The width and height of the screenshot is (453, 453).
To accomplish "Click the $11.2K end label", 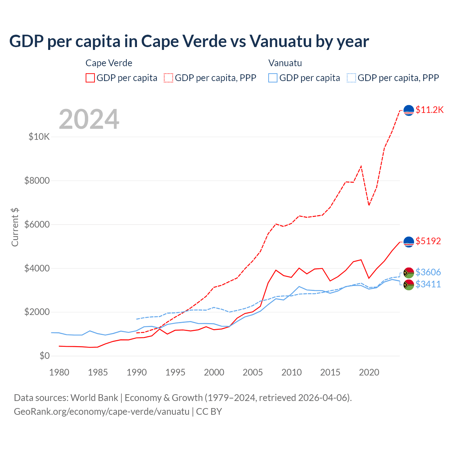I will pyautogui.click(x=429, y=110).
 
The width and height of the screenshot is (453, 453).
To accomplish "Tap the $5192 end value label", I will pyautogui.click(x=428, y=241).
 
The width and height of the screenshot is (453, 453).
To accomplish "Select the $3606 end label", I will pyautogui.click(x=428, y=272).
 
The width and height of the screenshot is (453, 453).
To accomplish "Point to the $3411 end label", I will pyautogui.click(x=428, y=284).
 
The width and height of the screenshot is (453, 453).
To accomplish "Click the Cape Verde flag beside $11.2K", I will pyautogui.click(x=409, y=110).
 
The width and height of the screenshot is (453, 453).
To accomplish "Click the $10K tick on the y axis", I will pyautogui.click(x=39, y=137).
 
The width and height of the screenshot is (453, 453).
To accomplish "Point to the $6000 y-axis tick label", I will pyautogui.click(x=37, y=224).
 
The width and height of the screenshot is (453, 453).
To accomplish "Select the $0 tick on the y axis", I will pyautogui.click(x=45, y=356).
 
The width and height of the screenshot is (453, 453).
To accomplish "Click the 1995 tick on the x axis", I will pyautogui.click(x=176, y=372).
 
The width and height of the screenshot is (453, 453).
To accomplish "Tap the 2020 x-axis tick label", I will pyautogui.click(x=369, y=372).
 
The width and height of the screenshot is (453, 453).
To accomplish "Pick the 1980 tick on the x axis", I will pyautogui.click(x=59, y=372).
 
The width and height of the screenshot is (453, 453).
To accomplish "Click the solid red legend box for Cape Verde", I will pyautogui.click(x=90, y=78).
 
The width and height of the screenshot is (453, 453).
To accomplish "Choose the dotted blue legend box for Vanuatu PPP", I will pyautogui.click(x=351, y=78).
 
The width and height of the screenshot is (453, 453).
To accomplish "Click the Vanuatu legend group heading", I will pyautogui.click(x=285, y=63).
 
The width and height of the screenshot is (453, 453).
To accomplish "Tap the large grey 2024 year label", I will pyautogui.click(x=89, y=119).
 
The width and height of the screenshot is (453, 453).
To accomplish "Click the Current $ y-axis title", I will pyautogui.click(x=15, y=227).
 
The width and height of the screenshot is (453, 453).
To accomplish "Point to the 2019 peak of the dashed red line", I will pyautogui.click(x=361, y=166).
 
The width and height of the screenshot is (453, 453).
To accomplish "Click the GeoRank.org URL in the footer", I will pyautogui.click(x=102, y=412).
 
